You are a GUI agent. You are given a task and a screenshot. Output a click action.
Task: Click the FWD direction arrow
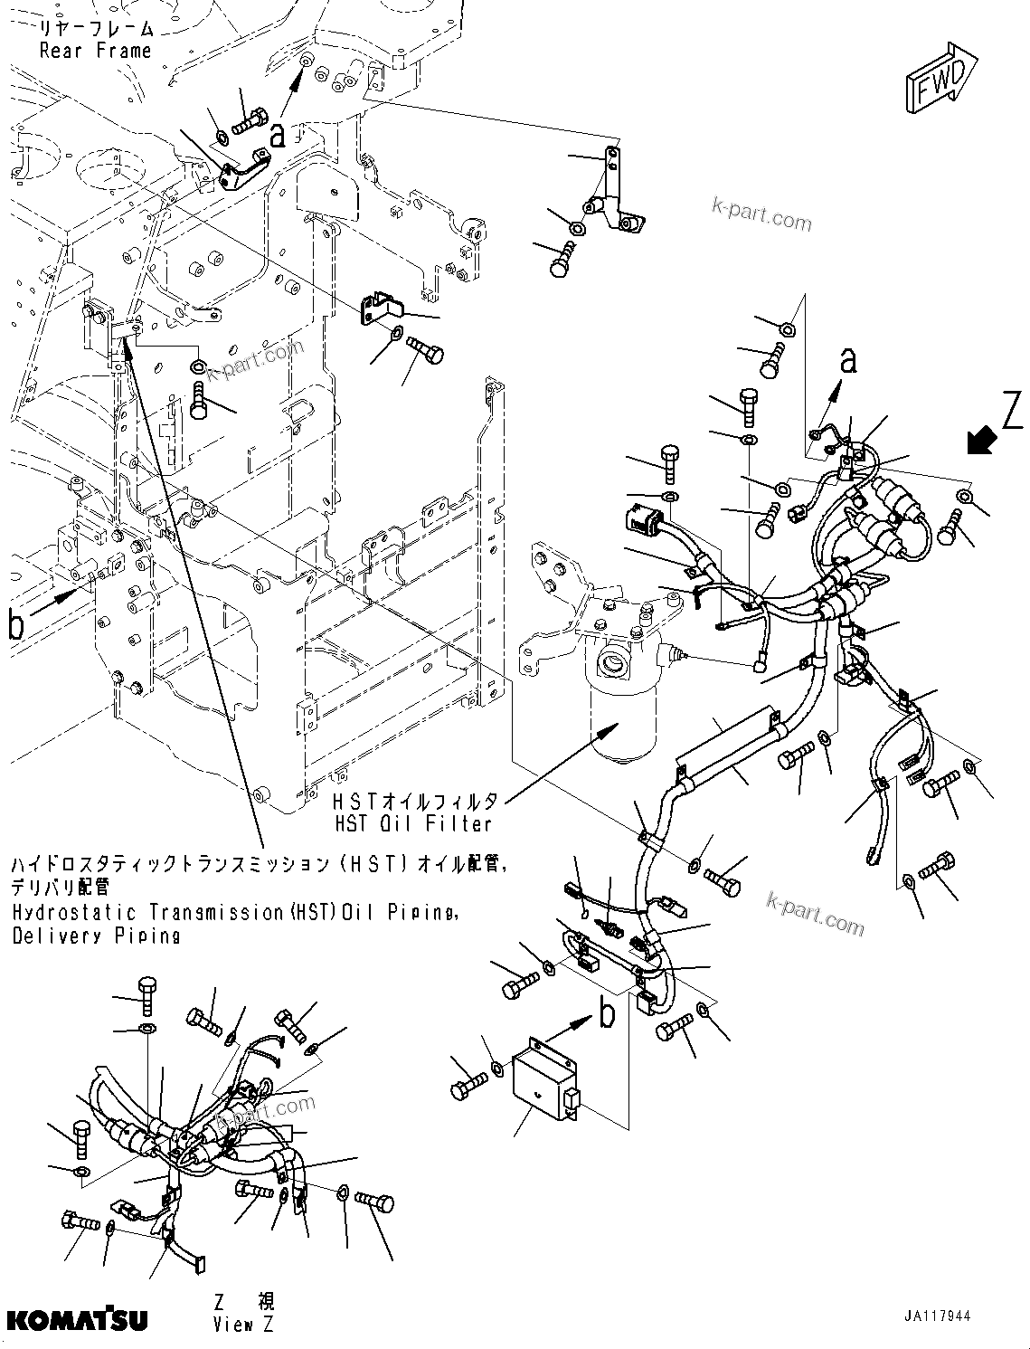[x=941, y=80]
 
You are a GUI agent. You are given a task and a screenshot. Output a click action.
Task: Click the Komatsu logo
[x=76, y=1320]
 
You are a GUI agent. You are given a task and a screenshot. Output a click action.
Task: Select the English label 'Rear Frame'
[x=95, y=51]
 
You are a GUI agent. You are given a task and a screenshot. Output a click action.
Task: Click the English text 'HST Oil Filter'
[x=412, y=823]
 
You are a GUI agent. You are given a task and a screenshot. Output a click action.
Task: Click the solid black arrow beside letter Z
[x=980, y=441]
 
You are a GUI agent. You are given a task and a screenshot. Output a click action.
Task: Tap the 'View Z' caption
[x=243, y=1325]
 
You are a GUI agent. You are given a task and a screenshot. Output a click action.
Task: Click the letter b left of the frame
[x=16, y=625]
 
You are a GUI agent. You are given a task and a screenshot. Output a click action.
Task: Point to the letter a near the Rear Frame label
[x=278, y=136]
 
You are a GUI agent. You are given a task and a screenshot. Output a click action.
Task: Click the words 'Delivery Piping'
[x=97, y=936]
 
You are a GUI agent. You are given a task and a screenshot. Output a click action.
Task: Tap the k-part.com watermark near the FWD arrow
[x=761, y=215]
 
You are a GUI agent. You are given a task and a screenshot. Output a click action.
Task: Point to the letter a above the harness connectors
[x=847, y=361]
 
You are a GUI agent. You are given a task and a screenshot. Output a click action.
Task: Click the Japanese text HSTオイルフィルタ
[x=415, y=801]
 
